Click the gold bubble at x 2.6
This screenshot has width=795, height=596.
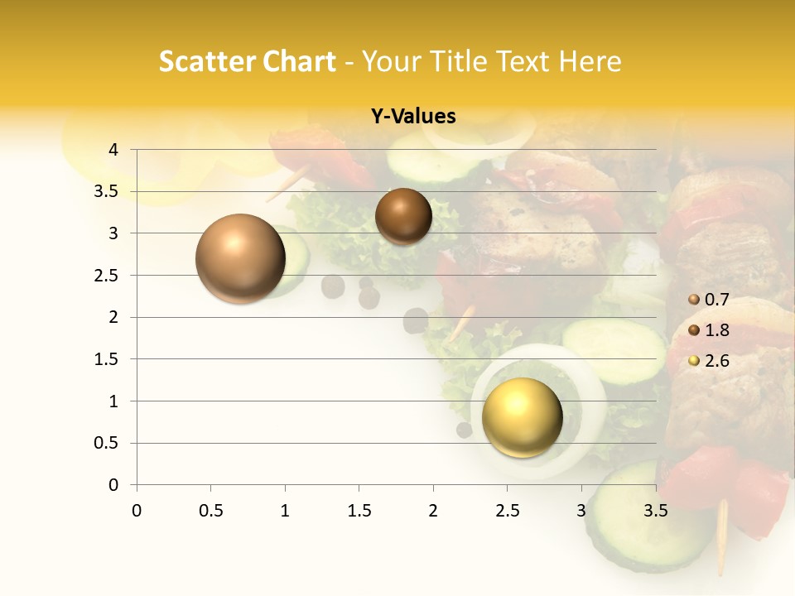[522, 416]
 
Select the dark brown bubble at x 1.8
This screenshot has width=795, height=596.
[403, 216]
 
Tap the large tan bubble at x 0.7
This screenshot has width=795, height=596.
[241, 258]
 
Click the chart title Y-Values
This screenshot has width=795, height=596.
[413, 117]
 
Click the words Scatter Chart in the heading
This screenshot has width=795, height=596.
[247, 62]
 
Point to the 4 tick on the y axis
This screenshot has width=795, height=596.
[113, 149]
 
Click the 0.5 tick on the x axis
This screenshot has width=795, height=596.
[211, 510]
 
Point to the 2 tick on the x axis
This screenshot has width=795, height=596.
[433, 510]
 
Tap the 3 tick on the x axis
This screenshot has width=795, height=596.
[581, 510]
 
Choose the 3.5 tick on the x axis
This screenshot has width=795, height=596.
[656, 510]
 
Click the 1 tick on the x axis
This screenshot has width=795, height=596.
[285, 510]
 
